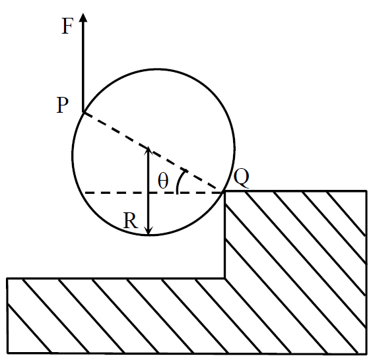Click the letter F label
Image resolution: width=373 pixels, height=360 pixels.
tap(67, 26)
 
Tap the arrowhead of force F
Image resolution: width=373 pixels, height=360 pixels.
tap(83, 17)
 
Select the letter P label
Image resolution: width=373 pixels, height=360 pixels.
tap(63, 105)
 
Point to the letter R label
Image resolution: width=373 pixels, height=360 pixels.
tap(131, 220)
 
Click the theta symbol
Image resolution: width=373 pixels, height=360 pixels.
tap(163, 181)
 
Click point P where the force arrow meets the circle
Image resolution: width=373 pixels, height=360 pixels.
tap(83, 112)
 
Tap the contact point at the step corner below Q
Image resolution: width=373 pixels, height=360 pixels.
tap(224, 191)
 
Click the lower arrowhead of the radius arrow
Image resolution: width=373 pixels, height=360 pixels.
tap(149, 231)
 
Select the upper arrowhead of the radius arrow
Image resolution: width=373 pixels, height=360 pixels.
tap(149, 150)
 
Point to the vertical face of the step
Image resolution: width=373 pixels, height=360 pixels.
tap(224, 234)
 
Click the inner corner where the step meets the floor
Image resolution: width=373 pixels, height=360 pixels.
tap(224, 278)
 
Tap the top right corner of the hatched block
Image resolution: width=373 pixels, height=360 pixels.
tap(366, 191)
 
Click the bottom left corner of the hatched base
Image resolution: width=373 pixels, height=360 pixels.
tap(7, 353)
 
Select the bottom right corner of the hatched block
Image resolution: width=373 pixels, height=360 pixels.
tap(366, 354)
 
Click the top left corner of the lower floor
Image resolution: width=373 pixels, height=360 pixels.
tap(7, 278)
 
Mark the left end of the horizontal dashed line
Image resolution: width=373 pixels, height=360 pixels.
tap(85, 193)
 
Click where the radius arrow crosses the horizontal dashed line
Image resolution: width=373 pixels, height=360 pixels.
tap(149, 193)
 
